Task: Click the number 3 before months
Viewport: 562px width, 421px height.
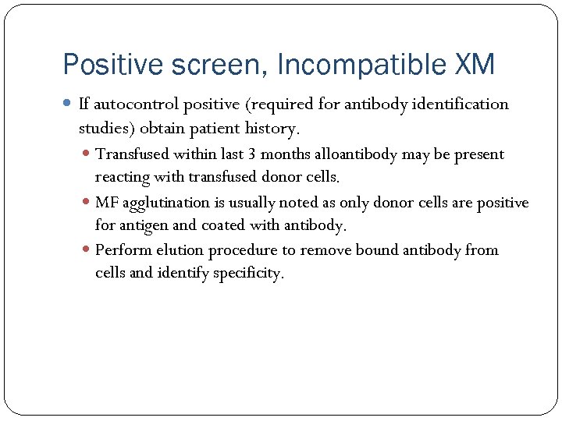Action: (x=251, y=154)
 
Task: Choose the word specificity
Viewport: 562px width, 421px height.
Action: (x=245, y=274)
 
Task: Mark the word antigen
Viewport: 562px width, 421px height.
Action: (x=143, y=226)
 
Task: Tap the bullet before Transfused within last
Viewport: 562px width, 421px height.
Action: (x=87, y=154)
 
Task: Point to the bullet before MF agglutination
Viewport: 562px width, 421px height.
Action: (x=87, y=203)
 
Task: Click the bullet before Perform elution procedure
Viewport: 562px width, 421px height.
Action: (x=87, y=250)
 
